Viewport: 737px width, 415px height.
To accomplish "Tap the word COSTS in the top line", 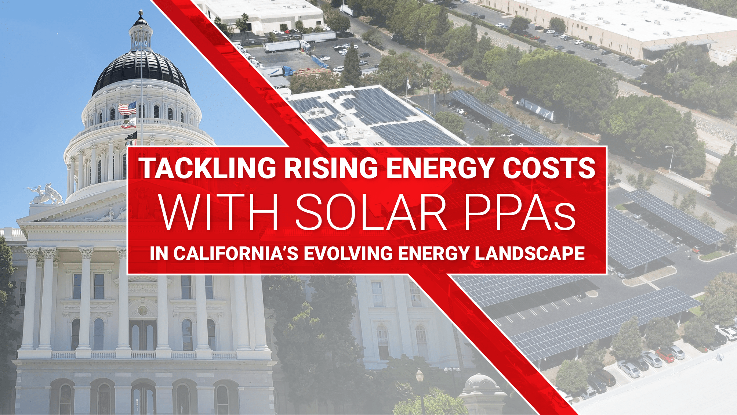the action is [x=549, y=168].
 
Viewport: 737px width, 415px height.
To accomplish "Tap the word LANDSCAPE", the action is [x=530, y=253].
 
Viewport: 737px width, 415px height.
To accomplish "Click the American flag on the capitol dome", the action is [x=127, y=109].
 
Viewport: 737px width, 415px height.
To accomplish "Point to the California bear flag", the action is [x=129, y=123].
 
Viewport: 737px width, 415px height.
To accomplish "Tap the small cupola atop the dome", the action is [x=141, y=31].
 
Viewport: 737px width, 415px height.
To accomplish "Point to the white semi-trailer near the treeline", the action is [x=536, y=109].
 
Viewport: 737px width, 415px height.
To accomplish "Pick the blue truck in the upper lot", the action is [x=287, y=71].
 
